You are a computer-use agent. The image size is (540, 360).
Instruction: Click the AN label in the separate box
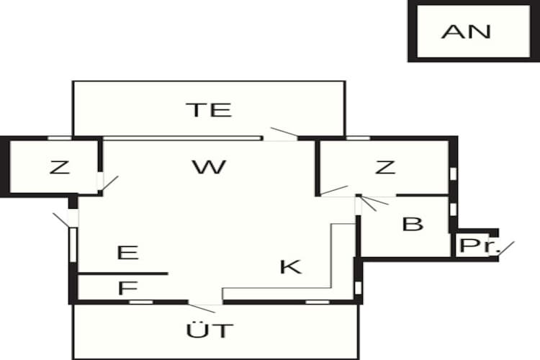click(466, 32)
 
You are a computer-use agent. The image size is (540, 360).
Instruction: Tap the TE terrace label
click(209, 109)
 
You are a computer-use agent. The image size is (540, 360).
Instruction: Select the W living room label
click(209, 167)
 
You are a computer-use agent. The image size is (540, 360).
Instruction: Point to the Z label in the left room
click(60, 167)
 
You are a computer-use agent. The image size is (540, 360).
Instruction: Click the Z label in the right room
click(385, 167)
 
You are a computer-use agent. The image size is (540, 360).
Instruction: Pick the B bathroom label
click(413, 224)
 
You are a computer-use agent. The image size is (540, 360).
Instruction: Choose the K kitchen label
click(291, 267)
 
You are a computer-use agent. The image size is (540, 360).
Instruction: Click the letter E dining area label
click(127, 253)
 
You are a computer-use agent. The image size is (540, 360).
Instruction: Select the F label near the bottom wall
click(127, 288)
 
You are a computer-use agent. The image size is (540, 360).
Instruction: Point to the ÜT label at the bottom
click(210, 330)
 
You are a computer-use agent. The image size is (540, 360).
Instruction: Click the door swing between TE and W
click(284, 132)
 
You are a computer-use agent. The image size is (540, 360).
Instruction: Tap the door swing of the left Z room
click(110, 183)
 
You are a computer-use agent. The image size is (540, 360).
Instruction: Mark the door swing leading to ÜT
click(202, 308)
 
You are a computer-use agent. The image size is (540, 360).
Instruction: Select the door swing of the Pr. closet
click(506, 248)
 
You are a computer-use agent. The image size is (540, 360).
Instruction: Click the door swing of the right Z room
click(334, 191)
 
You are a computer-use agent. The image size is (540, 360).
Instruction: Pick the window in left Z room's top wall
click(60, 138)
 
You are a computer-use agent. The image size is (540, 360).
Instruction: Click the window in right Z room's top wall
click(358, 138)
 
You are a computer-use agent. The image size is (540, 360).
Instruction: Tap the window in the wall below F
click(141, 302)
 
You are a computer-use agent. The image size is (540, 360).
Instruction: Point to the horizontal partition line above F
click(123, 274)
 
